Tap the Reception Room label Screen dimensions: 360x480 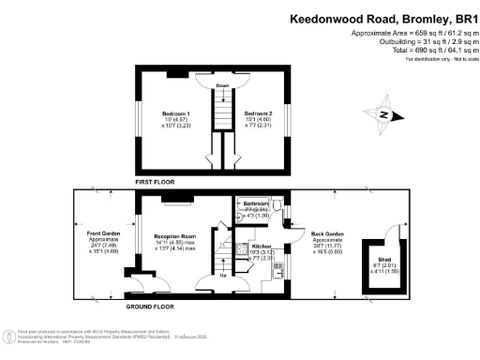click(x=171, y=238)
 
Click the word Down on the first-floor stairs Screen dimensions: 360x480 click(x=222, y=86)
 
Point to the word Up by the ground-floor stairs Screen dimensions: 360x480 click(x=221, y=276)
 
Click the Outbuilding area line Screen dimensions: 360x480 click(x=421, y=41)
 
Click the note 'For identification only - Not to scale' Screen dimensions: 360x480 click(x=436, y=59)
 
